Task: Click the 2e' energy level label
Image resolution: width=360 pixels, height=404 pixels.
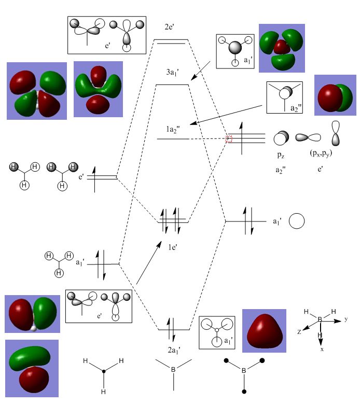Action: pos(169,26)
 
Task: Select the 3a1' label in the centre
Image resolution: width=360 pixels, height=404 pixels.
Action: pos(172,72)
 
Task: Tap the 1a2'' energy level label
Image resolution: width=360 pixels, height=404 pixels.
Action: pos(173,129)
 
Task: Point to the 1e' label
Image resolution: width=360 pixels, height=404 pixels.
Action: pos(172,247)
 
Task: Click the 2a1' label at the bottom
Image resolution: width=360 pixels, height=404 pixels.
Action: pos(174,350)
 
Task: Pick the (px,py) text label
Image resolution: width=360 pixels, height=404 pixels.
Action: pos(321,153)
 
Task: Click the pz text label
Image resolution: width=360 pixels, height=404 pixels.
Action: pos(281,155)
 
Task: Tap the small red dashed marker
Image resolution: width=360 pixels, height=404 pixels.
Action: pos(229,139)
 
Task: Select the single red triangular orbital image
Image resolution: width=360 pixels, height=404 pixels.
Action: pos(264,331)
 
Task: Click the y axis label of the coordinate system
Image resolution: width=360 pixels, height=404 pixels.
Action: pos(346,319)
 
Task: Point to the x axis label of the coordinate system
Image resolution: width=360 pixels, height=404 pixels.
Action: pos(322,350)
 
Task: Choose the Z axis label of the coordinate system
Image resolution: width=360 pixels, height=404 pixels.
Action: pos(299,332)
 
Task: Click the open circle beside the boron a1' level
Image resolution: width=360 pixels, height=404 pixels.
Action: pos(297,221)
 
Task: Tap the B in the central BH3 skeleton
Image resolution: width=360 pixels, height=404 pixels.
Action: pos(173,369)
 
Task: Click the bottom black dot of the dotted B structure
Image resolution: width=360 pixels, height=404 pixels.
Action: pos(244,392)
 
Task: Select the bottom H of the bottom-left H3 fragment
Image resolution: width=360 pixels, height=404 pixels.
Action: pos(103,392)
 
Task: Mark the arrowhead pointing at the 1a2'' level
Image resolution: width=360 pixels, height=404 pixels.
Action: pos(193,123)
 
